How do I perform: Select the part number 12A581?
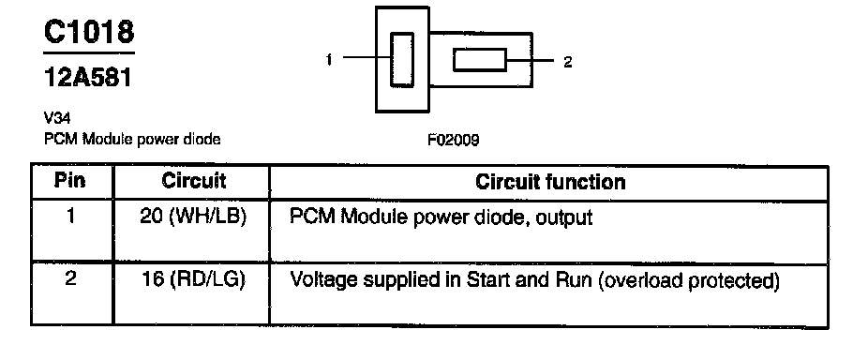pyautogui.click(x=87, y=78)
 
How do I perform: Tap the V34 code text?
pyautogui.click(x=57, y=117)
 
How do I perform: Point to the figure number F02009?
pyautogui.click(x=453, y=141)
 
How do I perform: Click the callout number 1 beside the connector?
pyautogui.click(x=329, y=59)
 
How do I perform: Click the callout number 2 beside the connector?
pyautogui.click(x=567, y=62)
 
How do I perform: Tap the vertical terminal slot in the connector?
pyautogui.click(x=402, y=59)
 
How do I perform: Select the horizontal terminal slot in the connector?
pyautogui.click(x=480, y=59)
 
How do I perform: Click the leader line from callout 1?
pyautogui.click(x=367, y=57)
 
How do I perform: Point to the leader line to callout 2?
pyautogui.click(x=530, y=60)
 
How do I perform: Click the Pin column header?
pyautogui.click(x=70, y=181)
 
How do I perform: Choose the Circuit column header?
pyautogui.click(x=194, y=181)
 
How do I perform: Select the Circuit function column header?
pyautogui.click(x=550, y=182)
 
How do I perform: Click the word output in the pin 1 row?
pyautogui.click(x=563, y=218)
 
